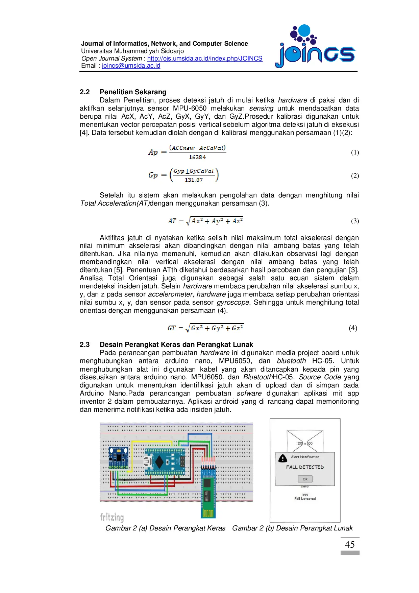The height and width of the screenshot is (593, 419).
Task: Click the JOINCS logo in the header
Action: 315,47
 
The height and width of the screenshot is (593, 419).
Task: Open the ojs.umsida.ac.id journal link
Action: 204,58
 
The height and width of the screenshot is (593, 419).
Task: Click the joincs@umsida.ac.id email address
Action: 131,66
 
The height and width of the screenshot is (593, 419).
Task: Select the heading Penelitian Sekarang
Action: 133,92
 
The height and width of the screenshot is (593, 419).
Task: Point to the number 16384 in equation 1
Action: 197,157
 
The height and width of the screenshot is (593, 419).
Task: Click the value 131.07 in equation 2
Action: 194,180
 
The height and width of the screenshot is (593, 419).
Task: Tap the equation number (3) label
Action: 355,221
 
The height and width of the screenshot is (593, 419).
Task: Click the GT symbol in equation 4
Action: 172,328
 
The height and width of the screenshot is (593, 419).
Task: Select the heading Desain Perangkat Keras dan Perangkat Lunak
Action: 176,345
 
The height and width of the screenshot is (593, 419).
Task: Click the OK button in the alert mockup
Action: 305,479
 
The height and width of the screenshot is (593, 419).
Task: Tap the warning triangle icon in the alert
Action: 282,458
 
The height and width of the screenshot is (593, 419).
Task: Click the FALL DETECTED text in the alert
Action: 305,467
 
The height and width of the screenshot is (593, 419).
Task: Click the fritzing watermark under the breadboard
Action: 112,517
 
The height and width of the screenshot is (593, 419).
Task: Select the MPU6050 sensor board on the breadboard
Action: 118,458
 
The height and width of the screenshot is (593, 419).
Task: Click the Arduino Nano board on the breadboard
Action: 165,461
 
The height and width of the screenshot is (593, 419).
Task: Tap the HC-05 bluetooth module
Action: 208,490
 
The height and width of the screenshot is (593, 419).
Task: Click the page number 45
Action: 350,545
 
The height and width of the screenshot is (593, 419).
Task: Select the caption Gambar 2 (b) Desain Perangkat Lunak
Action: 292,528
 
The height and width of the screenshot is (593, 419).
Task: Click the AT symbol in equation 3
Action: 172,221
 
